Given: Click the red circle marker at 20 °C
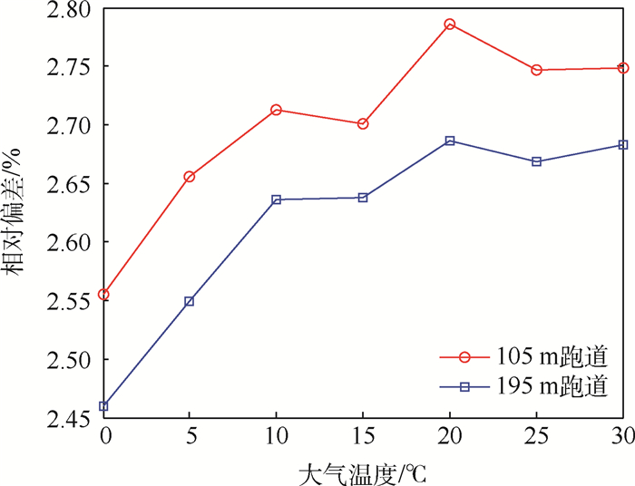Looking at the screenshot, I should pyautogui.click(x=450, y=24).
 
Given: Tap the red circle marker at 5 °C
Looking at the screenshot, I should pyautogui.click(x=189, y=177).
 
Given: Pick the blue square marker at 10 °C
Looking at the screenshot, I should pyautogui.click(x=276, y=199).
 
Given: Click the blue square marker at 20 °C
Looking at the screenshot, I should pyautogui.click(x=450, y=141).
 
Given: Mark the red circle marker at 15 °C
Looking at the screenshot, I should pyautogui.click(x=363, y=123).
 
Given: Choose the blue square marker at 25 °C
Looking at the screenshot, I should pyautogui.click(x=537, y=161).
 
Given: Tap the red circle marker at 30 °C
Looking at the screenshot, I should pyautogui.click(x=623, y=68).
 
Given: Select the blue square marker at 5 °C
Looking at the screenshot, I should pyautogui.click(x=189, y=301).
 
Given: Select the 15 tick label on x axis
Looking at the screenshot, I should pyautogui.click(x=363, y=437).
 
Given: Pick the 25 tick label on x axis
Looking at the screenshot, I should pyautogui.click(x=537, y=437).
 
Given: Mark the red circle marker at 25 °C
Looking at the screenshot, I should pyautogui.click(x=537, y=70).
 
